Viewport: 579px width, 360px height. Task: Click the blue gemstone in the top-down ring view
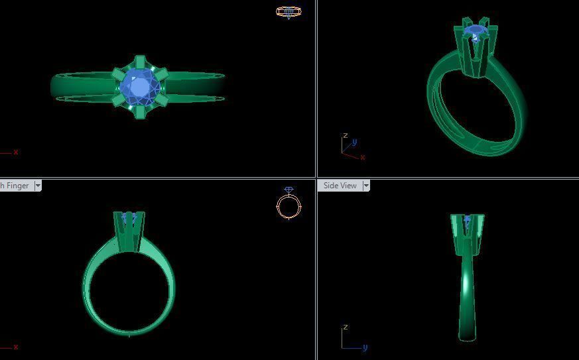140,86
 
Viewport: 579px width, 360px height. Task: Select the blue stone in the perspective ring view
475,31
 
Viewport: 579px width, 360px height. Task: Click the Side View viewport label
340,186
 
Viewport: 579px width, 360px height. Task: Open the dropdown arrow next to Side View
366,186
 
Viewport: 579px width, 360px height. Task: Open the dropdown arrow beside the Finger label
38,186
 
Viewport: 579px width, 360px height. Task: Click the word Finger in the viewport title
17,186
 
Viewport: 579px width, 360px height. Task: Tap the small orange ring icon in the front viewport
289,205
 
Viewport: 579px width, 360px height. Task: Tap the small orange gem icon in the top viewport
289,12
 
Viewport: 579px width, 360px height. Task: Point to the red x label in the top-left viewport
15,152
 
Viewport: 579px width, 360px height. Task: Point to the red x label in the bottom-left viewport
15,347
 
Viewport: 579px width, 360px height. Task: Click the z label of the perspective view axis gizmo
345,136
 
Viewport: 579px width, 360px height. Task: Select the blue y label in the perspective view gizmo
355,142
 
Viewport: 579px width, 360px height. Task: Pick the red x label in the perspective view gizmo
363,158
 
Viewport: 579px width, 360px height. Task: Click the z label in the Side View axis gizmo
346,328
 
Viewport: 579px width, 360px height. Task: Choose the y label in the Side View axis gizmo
365,347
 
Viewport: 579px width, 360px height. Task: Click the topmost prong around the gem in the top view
140,62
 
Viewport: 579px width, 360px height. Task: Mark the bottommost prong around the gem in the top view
140,111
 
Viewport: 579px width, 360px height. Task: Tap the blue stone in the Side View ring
468,219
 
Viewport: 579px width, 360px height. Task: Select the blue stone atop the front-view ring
129,217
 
